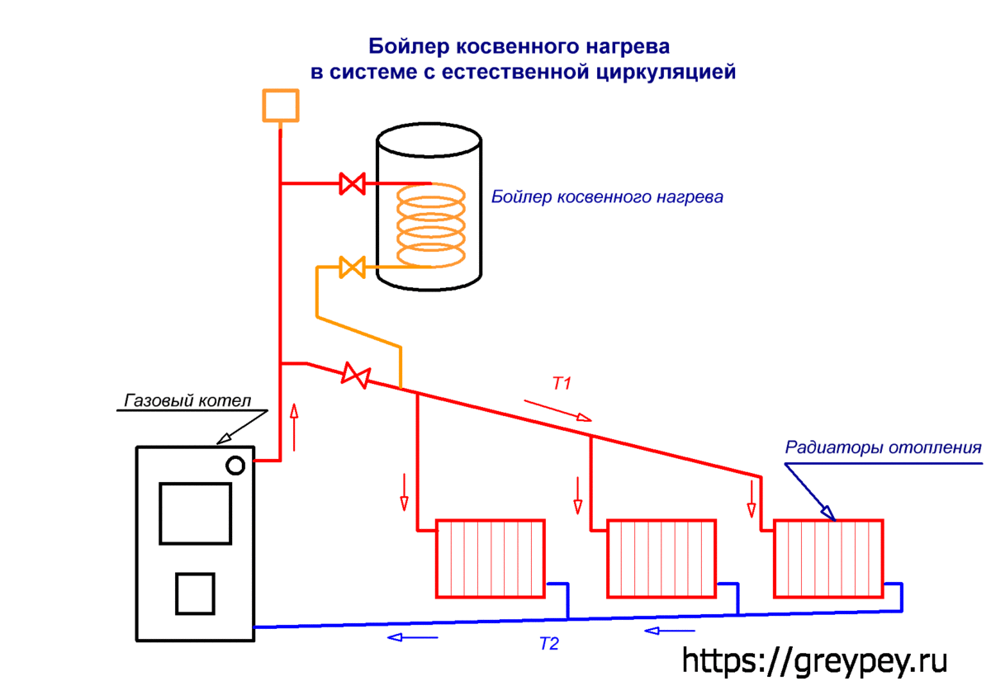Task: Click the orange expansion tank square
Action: pos(280,105)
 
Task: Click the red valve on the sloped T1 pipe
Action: pos(356,376)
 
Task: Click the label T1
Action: pos(562,383)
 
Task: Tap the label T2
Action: pos(549,645)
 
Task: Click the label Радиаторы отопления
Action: pos(883,449)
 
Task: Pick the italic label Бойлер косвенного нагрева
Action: pos(607,197)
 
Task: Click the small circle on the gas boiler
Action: pos(236,465)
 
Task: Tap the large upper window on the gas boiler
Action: pos(195,513)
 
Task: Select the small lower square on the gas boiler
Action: pos(195,593)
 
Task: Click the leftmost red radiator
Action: pos(490,558)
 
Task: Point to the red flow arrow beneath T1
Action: pos(558,410)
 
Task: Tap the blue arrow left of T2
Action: pos(413,637)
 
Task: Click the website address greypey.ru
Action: pos(813,660)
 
